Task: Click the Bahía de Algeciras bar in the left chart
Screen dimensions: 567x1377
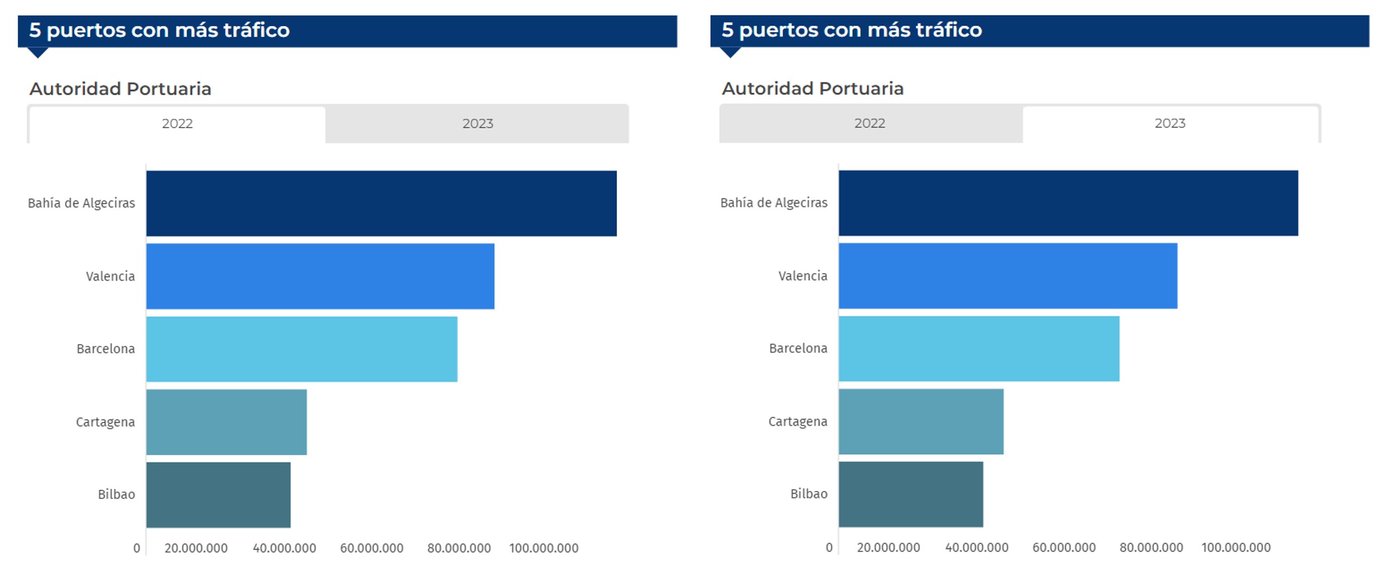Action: click(381, 203)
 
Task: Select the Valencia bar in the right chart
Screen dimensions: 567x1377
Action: click(1008, 276)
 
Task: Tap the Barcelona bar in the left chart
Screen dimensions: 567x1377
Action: click(301, 349)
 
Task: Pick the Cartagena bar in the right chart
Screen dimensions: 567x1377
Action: click(921, 422)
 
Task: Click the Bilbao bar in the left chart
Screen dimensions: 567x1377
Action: click(218, 495)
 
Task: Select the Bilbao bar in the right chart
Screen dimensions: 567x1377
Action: click(910, 494)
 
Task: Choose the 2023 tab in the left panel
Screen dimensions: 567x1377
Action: click(477, 123)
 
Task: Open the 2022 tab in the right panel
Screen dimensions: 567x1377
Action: click(869, 123)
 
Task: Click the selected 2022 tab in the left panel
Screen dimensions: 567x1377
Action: click(177, 123)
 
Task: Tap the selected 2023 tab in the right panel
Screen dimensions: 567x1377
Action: click(1170, 123)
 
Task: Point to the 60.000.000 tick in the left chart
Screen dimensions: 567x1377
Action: click(372, 548)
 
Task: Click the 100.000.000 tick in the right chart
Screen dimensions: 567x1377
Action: click(1236, 548)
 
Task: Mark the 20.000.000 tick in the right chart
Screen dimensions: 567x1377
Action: click(888, 548)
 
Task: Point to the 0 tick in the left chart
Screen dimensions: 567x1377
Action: click(137, 548)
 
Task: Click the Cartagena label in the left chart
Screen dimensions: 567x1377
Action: click(105, 422)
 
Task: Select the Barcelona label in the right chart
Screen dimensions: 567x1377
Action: click(798, 348)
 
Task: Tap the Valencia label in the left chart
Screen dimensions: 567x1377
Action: click(110, 277)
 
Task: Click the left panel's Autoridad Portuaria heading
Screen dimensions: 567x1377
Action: click(120, 89)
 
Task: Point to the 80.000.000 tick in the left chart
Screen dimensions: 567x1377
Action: click(459, 548)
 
